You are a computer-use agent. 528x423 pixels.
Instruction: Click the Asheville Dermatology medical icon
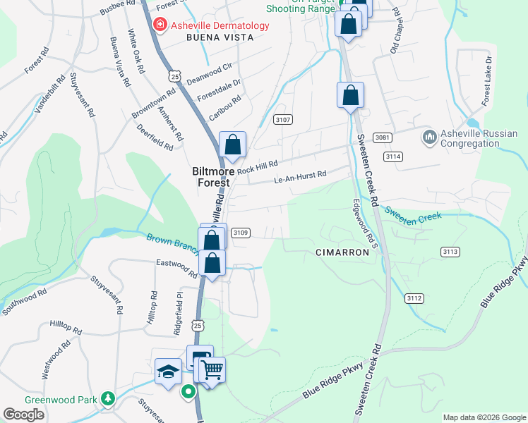click(160, 25)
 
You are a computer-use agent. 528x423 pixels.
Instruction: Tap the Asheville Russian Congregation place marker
click(428, 135)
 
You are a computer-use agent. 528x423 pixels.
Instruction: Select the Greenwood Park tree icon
click(107, 399)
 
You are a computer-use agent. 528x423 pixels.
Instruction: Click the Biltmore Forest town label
click(212, 176)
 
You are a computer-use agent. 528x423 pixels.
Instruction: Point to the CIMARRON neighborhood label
click(342, 252)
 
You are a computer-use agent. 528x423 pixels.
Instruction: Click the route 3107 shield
click(283, 120)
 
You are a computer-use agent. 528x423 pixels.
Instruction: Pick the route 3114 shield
click(394, 157)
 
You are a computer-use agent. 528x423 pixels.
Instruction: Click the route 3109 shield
click(241, 233)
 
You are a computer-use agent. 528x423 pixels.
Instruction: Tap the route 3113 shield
click(450, 252)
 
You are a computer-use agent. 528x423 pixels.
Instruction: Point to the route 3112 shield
click(414, 299)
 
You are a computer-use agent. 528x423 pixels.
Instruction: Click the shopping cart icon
click(212, 369)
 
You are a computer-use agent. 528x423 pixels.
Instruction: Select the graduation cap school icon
click(168, 372)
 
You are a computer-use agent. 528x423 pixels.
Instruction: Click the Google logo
click(24, 415)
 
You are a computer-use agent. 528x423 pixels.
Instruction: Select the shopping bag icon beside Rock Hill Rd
click(232, 145)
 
